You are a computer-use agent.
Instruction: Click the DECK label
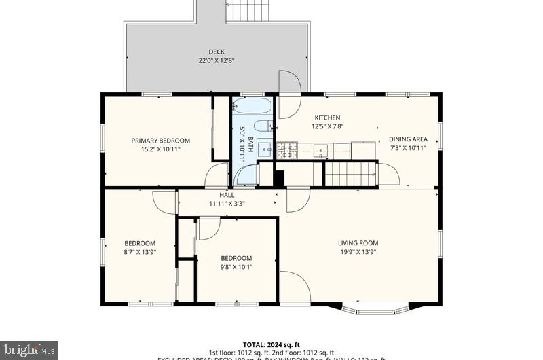click(x=217, y=52)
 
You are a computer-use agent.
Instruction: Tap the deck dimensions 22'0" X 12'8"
click(x=217, y=60)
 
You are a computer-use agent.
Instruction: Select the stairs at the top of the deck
click(x=248, y=11)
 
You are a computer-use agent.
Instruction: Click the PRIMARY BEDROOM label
click(x=160, y=141)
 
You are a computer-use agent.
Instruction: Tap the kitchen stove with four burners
click(x=287, y=149)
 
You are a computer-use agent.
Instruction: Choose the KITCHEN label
click(x=326, y=118)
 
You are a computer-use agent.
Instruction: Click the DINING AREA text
click(x=408, y=139)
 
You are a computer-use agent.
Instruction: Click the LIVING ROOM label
click(x=358, y=242)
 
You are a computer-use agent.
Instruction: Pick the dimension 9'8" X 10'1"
click(x=236, y=267)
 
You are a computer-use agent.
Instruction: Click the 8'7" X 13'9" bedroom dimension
click(x=139, y=252)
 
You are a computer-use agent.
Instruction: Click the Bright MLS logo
click(x=29, y=350)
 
